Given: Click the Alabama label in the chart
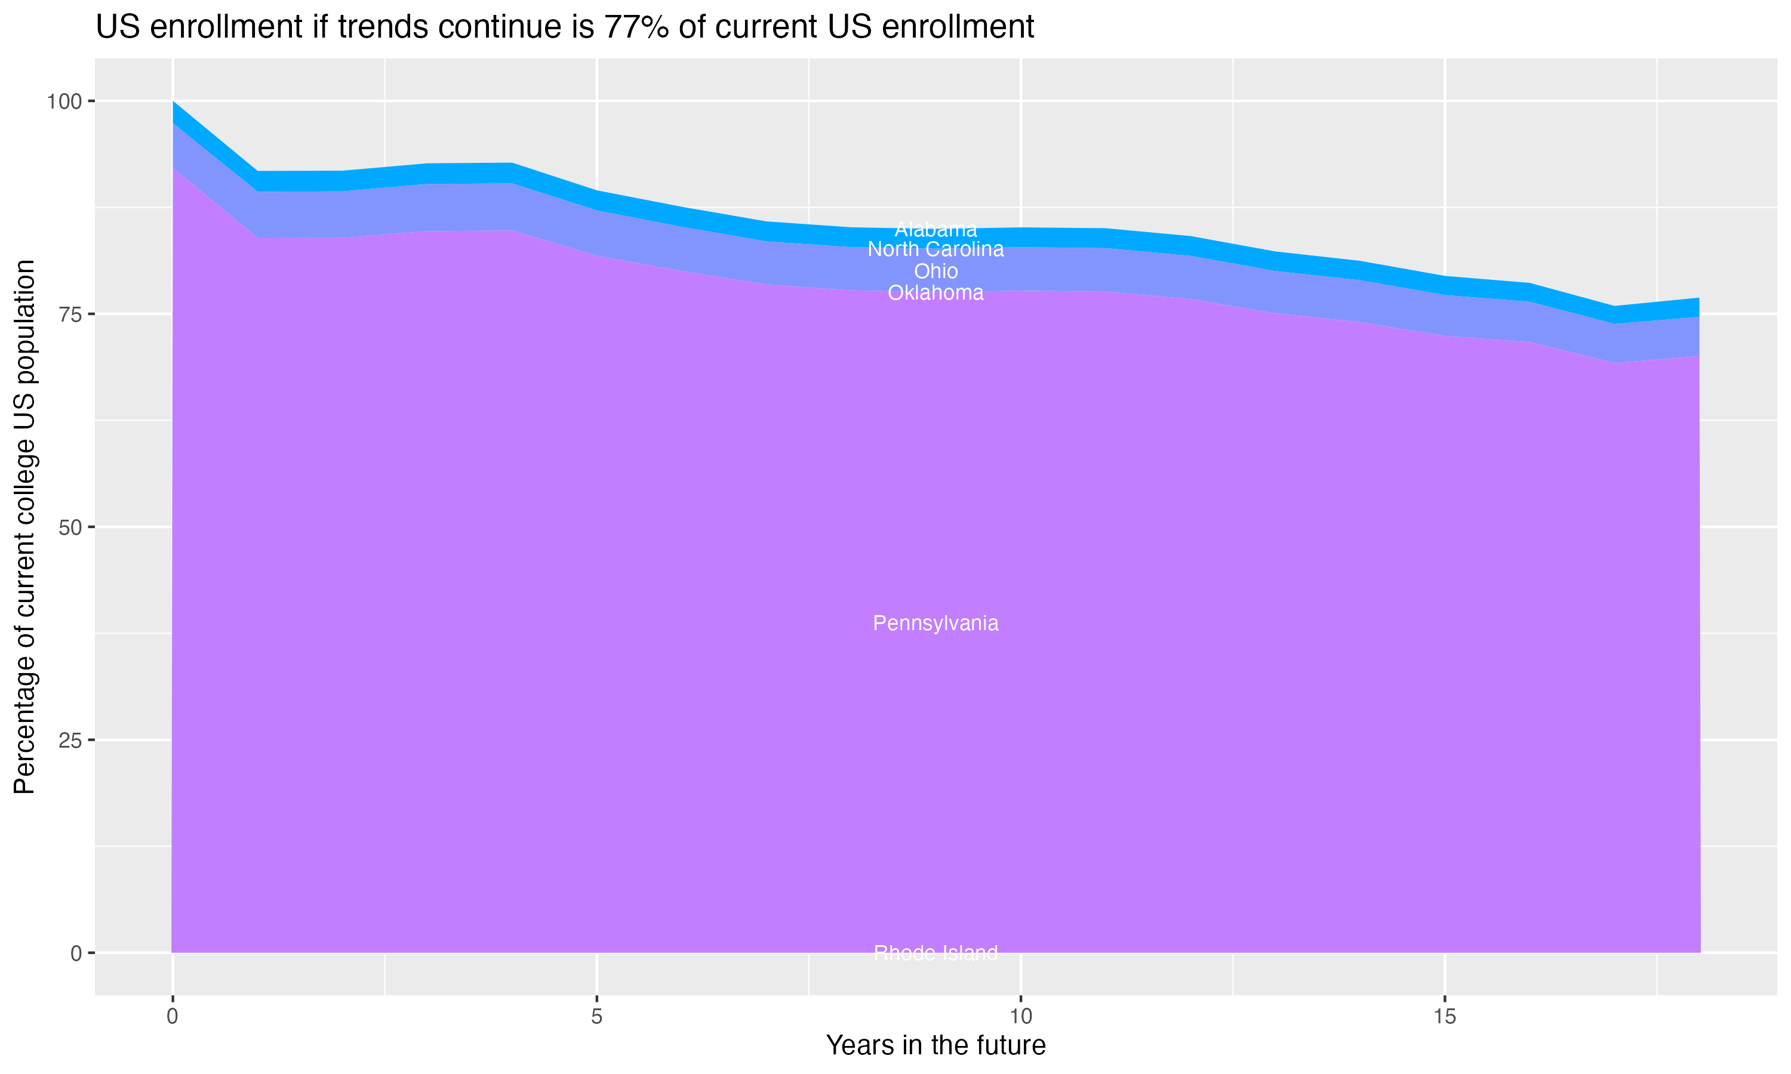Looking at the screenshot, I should [x=935, y=230].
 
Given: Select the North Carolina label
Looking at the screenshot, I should [x=935, y=249].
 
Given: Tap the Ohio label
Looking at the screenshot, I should [x=935, y=271].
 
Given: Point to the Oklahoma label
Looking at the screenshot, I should [x=935, y=293].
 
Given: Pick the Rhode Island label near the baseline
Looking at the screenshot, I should [x=935, y=953].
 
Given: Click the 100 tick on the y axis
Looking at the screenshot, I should [x=64, y=101].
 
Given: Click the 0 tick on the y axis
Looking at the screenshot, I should [x=75, y=953].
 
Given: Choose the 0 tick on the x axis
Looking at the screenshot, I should [x=173, y=1017].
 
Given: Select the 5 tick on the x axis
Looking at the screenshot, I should [x=596, y=1017].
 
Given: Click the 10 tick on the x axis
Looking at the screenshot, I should [x=1021, y=1017].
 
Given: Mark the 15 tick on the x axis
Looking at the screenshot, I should [x=1444, y=1017].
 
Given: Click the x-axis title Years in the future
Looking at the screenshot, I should [x=935, y=1045].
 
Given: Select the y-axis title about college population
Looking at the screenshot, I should [x=24, y=527].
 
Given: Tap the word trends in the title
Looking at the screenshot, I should [x=378, y=27].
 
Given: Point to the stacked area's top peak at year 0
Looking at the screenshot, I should [x=173, y=103].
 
